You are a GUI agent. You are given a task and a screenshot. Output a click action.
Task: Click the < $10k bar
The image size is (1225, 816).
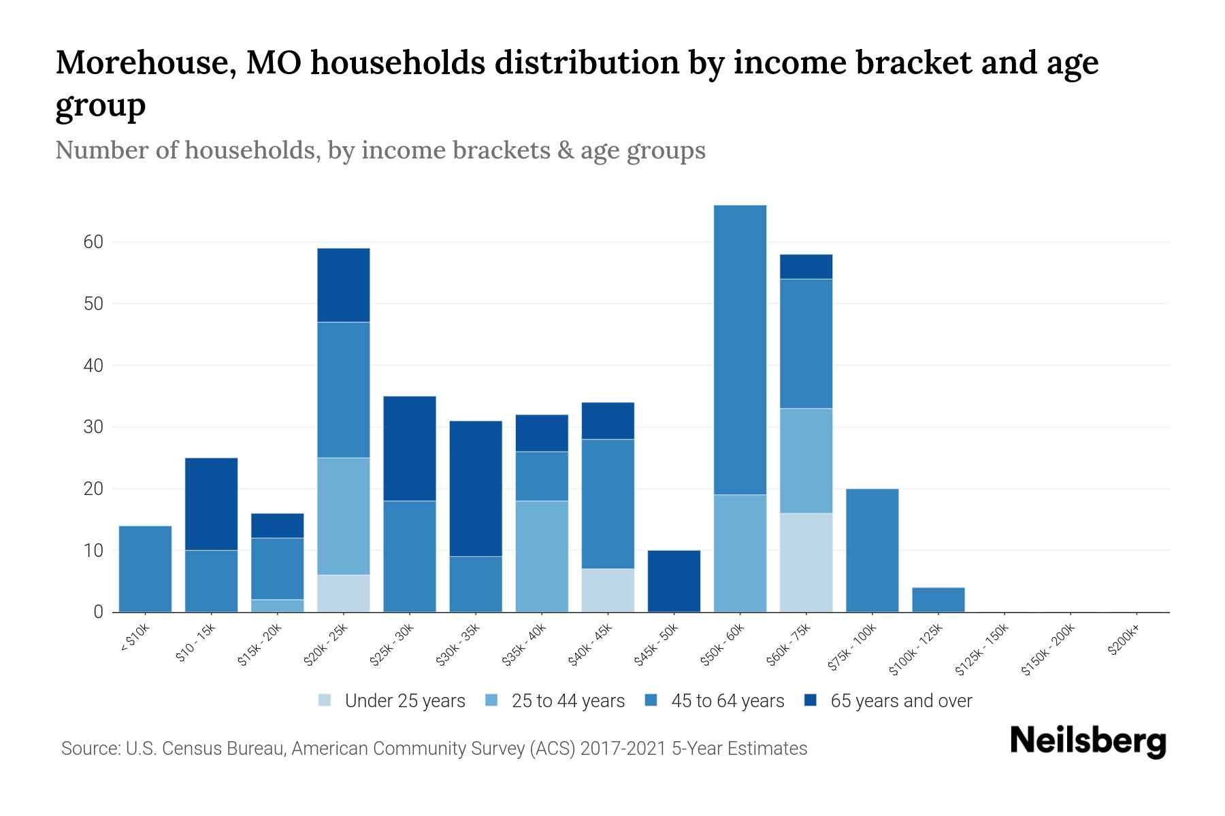coord(145,569)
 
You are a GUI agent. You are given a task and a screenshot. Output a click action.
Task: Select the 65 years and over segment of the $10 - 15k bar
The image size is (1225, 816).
coord(212,504)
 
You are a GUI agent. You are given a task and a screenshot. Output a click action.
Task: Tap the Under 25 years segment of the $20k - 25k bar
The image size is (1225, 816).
coord(344,593)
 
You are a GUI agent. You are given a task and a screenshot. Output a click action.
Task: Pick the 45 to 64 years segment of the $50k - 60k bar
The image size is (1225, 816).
coord(740,350)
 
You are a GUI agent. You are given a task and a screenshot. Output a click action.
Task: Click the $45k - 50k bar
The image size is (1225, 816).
coord(674,581)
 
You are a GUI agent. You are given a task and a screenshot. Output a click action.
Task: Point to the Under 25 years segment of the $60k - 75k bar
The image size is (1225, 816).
coord(806,562)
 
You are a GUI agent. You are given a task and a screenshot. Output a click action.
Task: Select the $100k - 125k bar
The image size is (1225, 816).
coord(938,600)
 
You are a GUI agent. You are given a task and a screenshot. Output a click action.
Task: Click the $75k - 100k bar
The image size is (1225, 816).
coord(872,550)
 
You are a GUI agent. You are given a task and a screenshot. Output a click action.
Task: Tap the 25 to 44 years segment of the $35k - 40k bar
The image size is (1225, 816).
coord(542,556)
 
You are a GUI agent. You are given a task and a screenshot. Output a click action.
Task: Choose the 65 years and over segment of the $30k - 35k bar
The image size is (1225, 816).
coord(476,488)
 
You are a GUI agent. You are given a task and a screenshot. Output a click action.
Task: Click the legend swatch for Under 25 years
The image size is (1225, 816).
coord(325,700)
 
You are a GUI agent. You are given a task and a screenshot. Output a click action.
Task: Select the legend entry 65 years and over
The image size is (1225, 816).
coord(900,701)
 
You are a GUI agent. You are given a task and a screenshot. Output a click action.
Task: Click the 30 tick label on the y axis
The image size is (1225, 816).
coord(93,427)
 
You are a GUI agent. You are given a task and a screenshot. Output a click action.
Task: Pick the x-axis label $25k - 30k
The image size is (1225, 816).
coord(392,645)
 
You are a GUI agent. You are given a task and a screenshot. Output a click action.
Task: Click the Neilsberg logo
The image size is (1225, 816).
coord(1088,741)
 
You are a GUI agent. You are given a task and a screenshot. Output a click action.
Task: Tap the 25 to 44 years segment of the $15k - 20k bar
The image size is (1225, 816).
coord(278,605)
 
